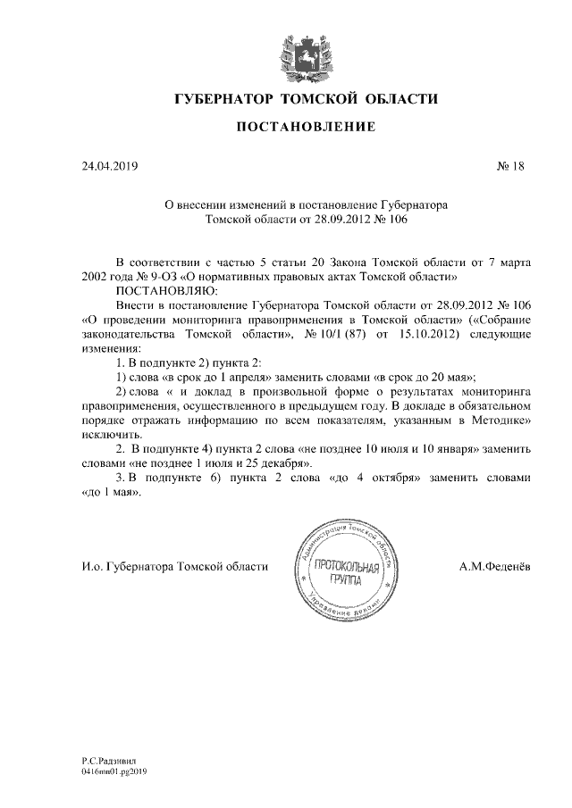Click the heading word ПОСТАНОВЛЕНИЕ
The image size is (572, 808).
pyautogui.click(x=305, y=128)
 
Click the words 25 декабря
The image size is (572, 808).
pyautogui.click(x=274, y=462)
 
